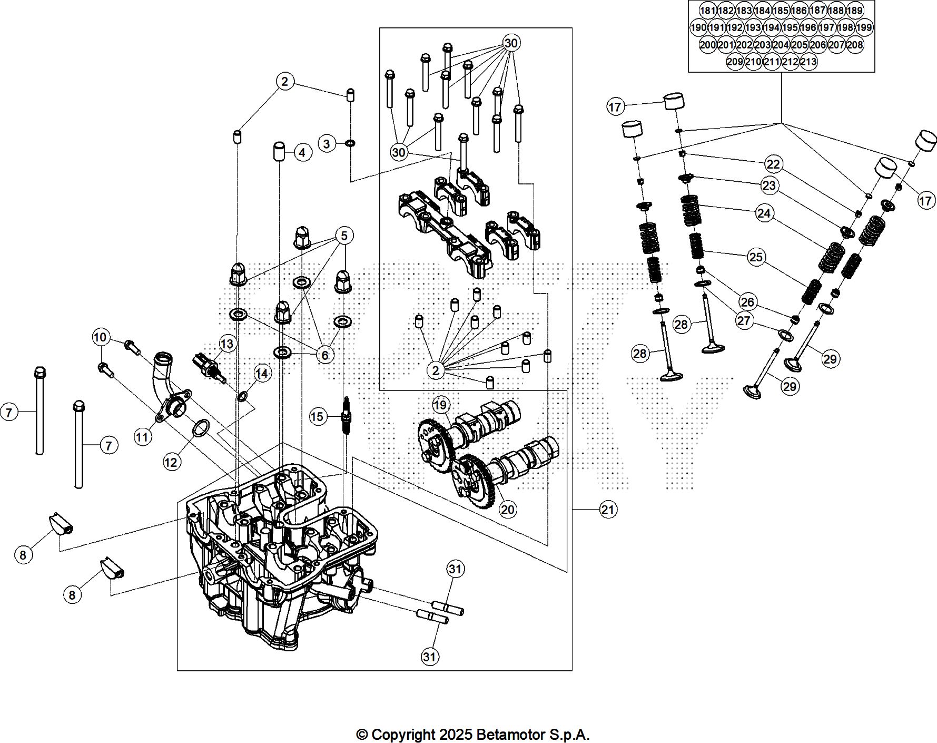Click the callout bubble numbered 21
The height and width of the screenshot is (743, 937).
tap(608, 510)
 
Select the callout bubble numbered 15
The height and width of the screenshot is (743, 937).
tap(317, 417)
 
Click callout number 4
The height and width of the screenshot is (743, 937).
tap(302, 153)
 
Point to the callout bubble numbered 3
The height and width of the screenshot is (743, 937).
tap(327, 143)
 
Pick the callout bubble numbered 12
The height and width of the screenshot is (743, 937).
tap(171, 462)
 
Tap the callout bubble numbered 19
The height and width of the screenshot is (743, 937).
tap(441, 405)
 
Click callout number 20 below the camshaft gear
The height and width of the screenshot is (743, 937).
tap(508, 510)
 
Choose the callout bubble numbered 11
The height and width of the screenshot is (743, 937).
tap(143, 437)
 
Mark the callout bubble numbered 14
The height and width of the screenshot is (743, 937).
tap(262, 374)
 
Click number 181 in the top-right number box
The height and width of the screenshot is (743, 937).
tap(707, 11)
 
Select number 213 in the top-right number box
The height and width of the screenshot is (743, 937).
tap(808, 62)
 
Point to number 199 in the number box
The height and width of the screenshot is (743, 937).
tap(864, 27)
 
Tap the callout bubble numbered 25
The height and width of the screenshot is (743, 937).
tap(756, 257)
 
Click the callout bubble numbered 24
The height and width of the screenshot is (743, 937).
tap(764, 213)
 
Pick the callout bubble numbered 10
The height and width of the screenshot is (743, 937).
tap(100, 337)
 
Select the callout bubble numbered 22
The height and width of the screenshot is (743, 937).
tap(773, 164)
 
